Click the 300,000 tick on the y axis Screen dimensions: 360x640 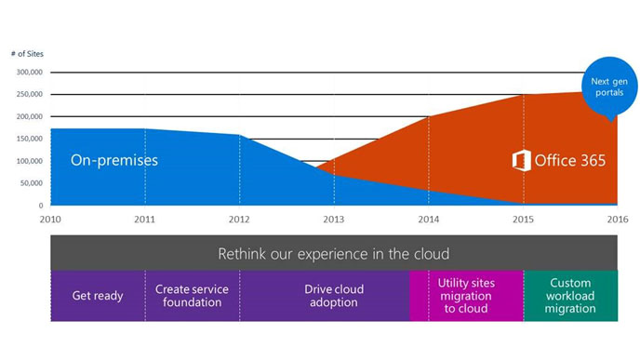(x=28, y=72)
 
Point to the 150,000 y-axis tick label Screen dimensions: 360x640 (x=28, y=139)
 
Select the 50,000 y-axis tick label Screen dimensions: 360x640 (x=30, y=183)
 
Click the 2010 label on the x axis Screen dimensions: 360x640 (x=49, y=219)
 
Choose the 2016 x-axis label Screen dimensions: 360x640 (x=617, y=219)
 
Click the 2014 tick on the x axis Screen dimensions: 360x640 (x=428, y=219)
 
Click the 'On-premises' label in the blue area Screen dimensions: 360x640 (x=114, y=160)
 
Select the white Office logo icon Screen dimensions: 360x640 (x=521, y=160)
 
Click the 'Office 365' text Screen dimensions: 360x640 (x=569, y=161)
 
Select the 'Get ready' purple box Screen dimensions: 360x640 (x=98, y=296)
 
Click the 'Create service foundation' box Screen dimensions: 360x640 (x=193, y=296)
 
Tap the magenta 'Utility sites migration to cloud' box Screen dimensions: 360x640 (x=466, y=296)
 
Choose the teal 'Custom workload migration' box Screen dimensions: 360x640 (x=570, y=296)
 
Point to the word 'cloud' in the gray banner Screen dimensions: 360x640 (x=428, y=253)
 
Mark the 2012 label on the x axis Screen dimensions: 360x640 (x=239, y=219)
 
